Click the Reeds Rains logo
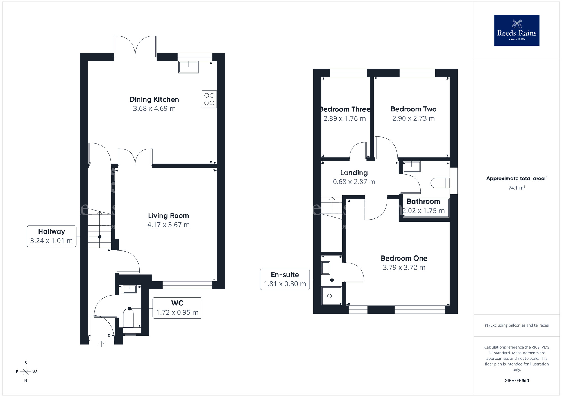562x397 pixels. tap(516, 30)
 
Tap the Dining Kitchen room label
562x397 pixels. tap(154, 99)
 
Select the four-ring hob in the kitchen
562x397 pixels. tap(209, 99)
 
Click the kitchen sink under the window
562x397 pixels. tap(188, 67)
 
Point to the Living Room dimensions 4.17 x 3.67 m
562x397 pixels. tap(168, 225)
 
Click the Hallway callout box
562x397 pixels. tap(51, 236)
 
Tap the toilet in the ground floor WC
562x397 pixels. tap(129, 319)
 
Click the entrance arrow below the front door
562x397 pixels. tap(101, 344)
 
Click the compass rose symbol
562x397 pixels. tap(26, 372)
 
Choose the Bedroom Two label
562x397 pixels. tap(413, 109)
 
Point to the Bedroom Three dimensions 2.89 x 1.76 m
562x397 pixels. tap(345, 119)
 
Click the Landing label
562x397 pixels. tap(354, 173)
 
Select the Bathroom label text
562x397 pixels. tap(423, 202)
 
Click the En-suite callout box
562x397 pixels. tap(285, 279)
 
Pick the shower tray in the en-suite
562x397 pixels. tap(331, 296)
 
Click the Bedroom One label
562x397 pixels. tap(404, 258)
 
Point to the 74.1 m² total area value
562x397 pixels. tap(516, 188)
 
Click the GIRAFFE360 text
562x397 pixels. tap(516, 381)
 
